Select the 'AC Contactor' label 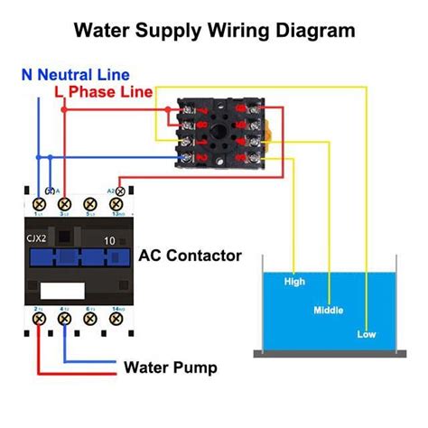[190, 256]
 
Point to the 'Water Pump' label [170, 368]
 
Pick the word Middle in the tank [328, 310]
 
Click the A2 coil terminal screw [120, 191]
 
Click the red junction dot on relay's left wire [63, 108]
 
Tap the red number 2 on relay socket [200, 158]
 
